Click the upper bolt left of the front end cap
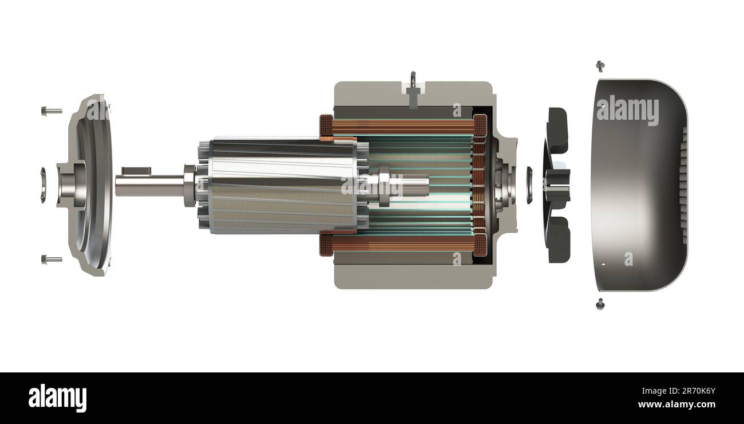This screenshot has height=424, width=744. tap(51, 111)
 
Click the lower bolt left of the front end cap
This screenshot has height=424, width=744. tap(51, 260)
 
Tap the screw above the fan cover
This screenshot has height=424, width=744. tap(600, 66)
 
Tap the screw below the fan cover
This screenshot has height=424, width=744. tap(600, 304)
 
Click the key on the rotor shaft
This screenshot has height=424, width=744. tap(136, 171)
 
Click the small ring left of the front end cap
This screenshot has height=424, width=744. tap(43, 185)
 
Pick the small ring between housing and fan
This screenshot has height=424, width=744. tap(528, 185)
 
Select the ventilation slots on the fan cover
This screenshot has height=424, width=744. tap(682, 185)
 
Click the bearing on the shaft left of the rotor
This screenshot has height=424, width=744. tap(189, 185)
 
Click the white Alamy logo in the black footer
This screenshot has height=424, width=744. tap(57, 398)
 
